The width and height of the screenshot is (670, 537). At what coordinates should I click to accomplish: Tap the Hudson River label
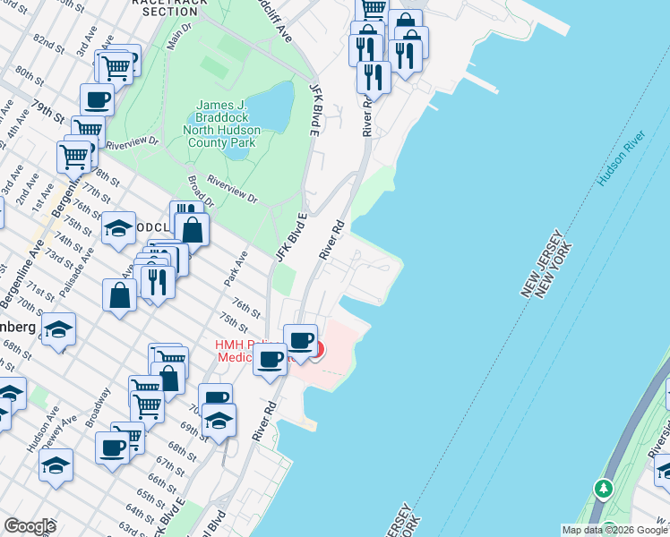tap(622, 159)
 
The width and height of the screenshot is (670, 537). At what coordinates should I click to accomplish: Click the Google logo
tap(30, 526)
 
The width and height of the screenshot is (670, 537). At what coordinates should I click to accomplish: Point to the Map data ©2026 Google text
tap(614, 530)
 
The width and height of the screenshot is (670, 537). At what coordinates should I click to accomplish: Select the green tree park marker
tap(604, 489)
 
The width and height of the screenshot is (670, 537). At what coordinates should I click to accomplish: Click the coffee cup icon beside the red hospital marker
tap(300, 341)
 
